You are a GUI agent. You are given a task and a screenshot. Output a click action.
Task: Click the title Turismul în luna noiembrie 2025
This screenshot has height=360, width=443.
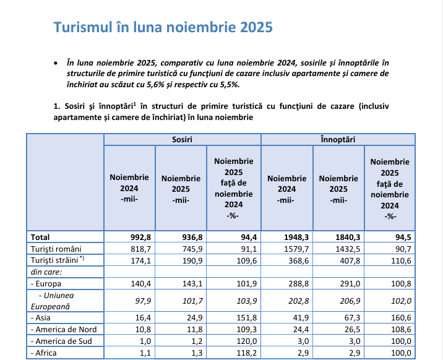click(163, 28)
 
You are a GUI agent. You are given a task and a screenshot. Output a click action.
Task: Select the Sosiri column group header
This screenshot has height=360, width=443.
click(182, 140)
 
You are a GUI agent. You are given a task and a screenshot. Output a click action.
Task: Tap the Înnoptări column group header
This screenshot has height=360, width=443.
click(338, 140)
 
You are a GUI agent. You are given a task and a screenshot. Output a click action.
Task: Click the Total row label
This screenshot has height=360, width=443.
click(40, 237)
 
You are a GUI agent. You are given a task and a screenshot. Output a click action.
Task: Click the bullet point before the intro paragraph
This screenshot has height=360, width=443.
click(56, 63)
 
